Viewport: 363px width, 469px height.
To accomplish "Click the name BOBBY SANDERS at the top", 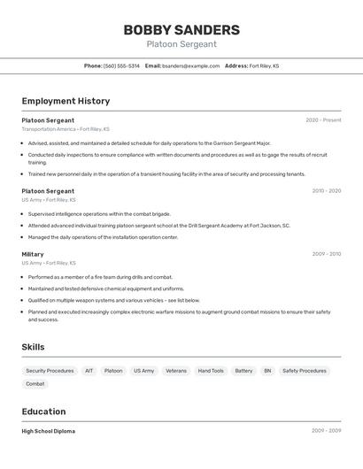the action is [181, 29].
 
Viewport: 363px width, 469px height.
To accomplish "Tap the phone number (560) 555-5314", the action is [121, 65].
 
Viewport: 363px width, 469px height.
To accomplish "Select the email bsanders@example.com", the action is [190, 65].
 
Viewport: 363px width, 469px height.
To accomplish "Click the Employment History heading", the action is [66, 101].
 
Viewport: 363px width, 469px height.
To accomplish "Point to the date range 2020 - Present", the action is [323, 120].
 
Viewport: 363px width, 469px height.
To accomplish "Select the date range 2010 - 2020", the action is [326, 191].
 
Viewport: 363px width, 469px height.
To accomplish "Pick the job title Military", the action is [33, 254].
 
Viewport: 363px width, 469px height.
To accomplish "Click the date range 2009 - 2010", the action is [326, 254].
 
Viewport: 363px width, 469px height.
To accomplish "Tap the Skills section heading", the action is [33, 347].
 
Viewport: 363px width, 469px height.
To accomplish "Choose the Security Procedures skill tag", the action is [50, 371].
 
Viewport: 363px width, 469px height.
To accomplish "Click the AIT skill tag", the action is [89, 371].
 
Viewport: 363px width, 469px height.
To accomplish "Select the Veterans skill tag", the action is [176, 371].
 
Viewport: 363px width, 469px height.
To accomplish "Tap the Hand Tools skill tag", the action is [211, 371].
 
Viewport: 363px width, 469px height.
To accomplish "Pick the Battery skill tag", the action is [243, 371].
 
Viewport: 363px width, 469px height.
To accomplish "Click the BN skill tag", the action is [267, 371].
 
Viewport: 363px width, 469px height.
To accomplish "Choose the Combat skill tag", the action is [35, 384].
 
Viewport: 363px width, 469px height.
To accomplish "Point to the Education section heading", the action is [43, 411].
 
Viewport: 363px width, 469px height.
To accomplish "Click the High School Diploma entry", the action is [49, 431].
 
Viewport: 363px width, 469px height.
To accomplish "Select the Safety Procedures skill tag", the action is [305, 371].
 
